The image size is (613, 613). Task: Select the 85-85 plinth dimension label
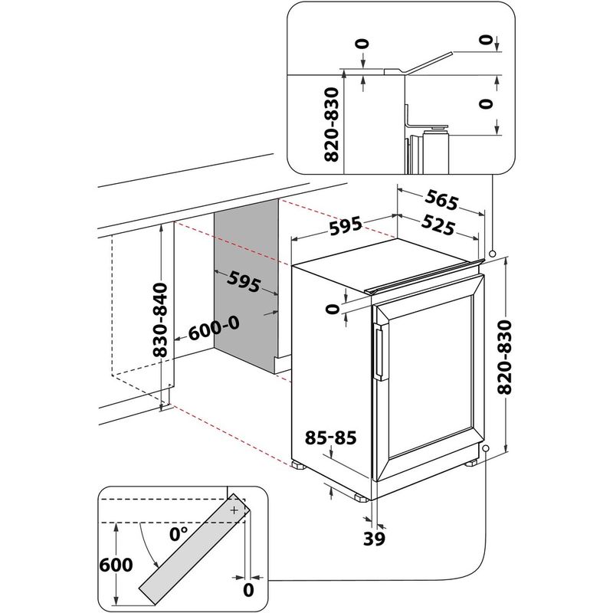(x=330, y=438)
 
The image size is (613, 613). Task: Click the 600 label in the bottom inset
(x=115, y=565)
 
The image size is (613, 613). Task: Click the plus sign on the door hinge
(x=234, y=509)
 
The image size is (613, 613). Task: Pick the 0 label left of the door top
(x=331, y=309)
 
